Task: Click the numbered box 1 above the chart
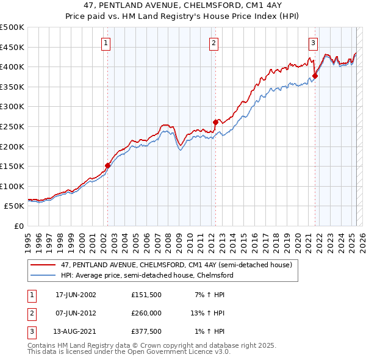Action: [x=106, y=43]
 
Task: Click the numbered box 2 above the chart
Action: [x=214, y=43]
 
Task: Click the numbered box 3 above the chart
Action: [x=313, y=43]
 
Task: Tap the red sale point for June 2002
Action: [x=108, y=165]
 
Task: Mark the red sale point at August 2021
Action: [x=315, y=76]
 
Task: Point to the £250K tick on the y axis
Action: [x=12, y=126]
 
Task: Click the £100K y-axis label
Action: [x=12, y=186]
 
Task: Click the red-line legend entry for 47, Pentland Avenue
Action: [x=177, y=265]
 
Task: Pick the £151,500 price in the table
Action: [x=146, y=295]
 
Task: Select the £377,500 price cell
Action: [x=146, y=331]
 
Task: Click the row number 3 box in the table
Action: [x=30, y=331]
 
